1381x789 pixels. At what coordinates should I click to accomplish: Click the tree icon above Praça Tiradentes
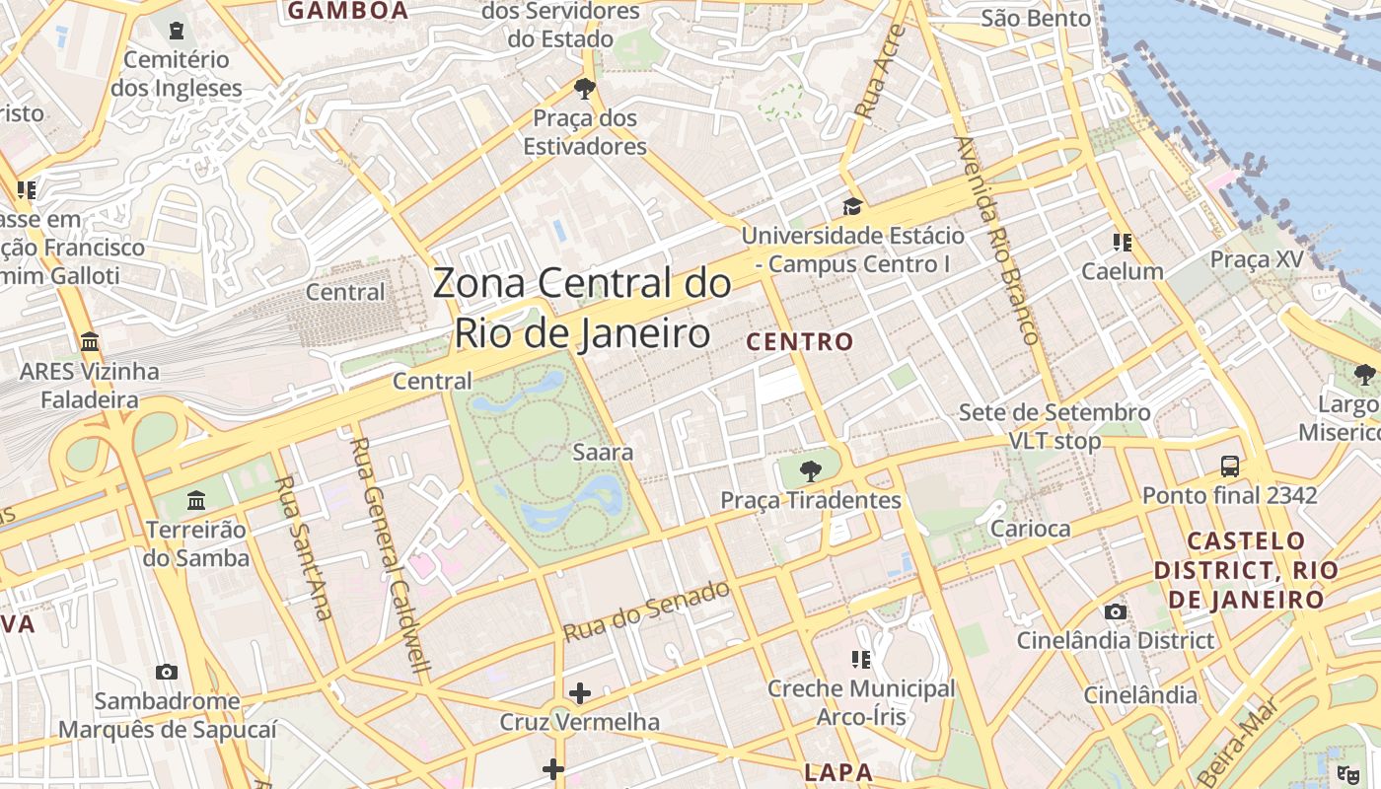tap(810, 470)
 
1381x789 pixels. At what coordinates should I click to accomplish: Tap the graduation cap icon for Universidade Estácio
tap(851, 206)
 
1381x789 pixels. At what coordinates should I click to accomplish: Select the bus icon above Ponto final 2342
tap(1229, 466)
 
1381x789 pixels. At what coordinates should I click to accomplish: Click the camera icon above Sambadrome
tap(167, 672)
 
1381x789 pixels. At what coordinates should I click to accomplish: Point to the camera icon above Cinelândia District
tap(1116, 611)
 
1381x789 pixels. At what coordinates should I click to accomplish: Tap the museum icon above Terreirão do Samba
tap(196, 500)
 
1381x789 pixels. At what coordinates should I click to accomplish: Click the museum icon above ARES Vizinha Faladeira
tap(90, 342)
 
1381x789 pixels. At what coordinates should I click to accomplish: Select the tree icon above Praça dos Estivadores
tap(584, 89)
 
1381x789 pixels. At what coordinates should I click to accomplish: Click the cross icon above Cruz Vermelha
tap(579, 693)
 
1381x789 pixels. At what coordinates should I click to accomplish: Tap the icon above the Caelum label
tap(1122, 242)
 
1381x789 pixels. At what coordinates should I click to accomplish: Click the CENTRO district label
tap(800, 342)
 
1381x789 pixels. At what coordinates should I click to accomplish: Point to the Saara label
tap(603, 453)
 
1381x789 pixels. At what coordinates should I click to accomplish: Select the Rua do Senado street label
tap(646, 610)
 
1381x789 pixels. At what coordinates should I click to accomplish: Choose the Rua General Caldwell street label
tap(392, 554)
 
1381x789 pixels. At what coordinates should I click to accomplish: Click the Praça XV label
tap(1256, 259)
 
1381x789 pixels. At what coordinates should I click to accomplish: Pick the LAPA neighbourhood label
tap(838, 771)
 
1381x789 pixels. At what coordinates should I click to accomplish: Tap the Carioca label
tap(1030, 529)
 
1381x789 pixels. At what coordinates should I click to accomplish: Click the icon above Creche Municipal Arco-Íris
tap(860, 659)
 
